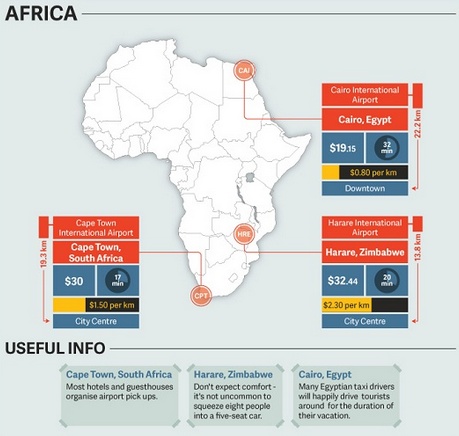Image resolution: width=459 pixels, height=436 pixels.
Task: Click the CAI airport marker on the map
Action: (x=244, y=70)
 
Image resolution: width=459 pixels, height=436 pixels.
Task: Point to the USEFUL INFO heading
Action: (x=56, y=349)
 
